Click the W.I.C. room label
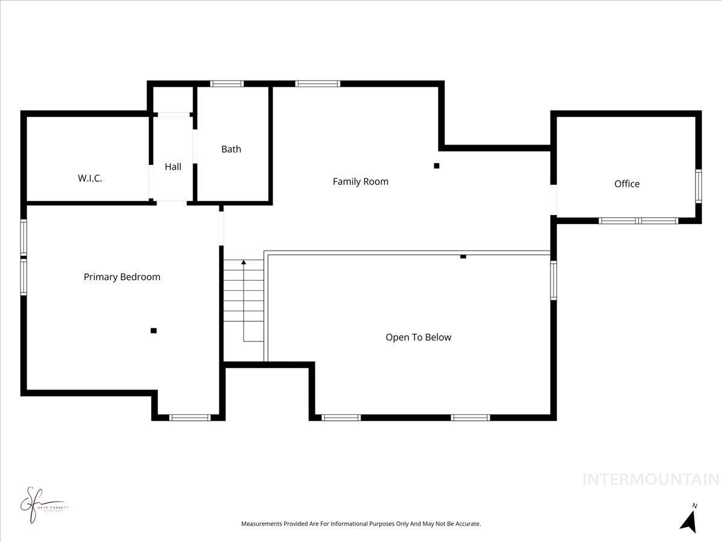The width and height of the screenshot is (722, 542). click(x=90, y=178)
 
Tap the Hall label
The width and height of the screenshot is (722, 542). click(x=173, y=167)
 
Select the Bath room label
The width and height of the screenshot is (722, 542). click(x=231, y=149)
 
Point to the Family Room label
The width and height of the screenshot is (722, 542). click(x=360, y=181)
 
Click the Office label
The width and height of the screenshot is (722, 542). click(x=626, y=184)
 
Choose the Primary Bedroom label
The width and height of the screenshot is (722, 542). click(x=122, y=277)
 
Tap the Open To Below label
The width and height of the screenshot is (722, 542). click(x=418, y=337)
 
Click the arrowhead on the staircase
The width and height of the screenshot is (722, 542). click(x=244, y=263)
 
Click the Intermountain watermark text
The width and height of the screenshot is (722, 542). click(x=650, y=479)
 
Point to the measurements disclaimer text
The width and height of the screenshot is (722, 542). click(x=361, y=524)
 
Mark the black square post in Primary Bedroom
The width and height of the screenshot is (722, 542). click(x=153, y=330)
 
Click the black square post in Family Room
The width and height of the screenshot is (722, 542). click(x=437, y=166)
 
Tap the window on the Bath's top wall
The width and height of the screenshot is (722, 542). click(x=227, y=84)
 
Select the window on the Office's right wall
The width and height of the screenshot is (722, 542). click(x=699, y=186)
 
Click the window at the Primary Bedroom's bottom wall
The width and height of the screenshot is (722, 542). click(x=189, y=417)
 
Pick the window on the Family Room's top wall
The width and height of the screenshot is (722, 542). click(x=318, y=84)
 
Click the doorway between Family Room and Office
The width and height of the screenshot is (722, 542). click(x=554, y=199)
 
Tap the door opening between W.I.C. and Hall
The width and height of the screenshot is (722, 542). click(x=150, y=182)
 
